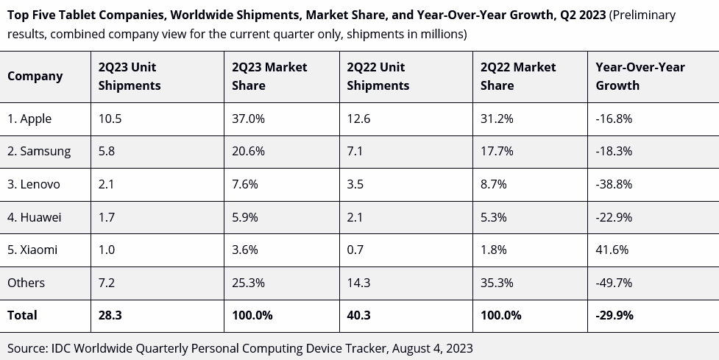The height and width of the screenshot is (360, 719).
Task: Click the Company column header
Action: click(35, 76)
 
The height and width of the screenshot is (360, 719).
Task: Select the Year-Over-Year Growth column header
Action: click(640, 76)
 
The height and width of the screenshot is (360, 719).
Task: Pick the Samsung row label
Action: click(39, 151)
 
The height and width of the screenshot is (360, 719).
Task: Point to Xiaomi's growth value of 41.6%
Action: click(612, 250)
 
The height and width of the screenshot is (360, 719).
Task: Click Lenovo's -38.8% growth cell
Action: click(614, 184)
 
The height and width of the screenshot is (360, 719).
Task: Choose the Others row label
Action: click(26, 283)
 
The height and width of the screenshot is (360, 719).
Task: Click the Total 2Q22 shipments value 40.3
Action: click(358, 315)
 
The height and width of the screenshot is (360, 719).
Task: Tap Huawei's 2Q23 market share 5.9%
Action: click(245, 217)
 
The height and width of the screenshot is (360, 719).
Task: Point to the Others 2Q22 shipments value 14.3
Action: click(357, 283)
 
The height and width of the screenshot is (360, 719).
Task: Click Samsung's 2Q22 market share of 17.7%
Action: click(494, 151)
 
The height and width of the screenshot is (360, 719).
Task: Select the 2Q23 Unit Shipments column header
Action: click(130, 76)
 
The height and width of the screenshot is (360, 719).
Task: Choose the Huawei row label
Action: click(34, 217)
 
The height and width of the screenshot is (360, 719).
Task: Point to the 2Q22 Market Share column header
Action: click(518, 76)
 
